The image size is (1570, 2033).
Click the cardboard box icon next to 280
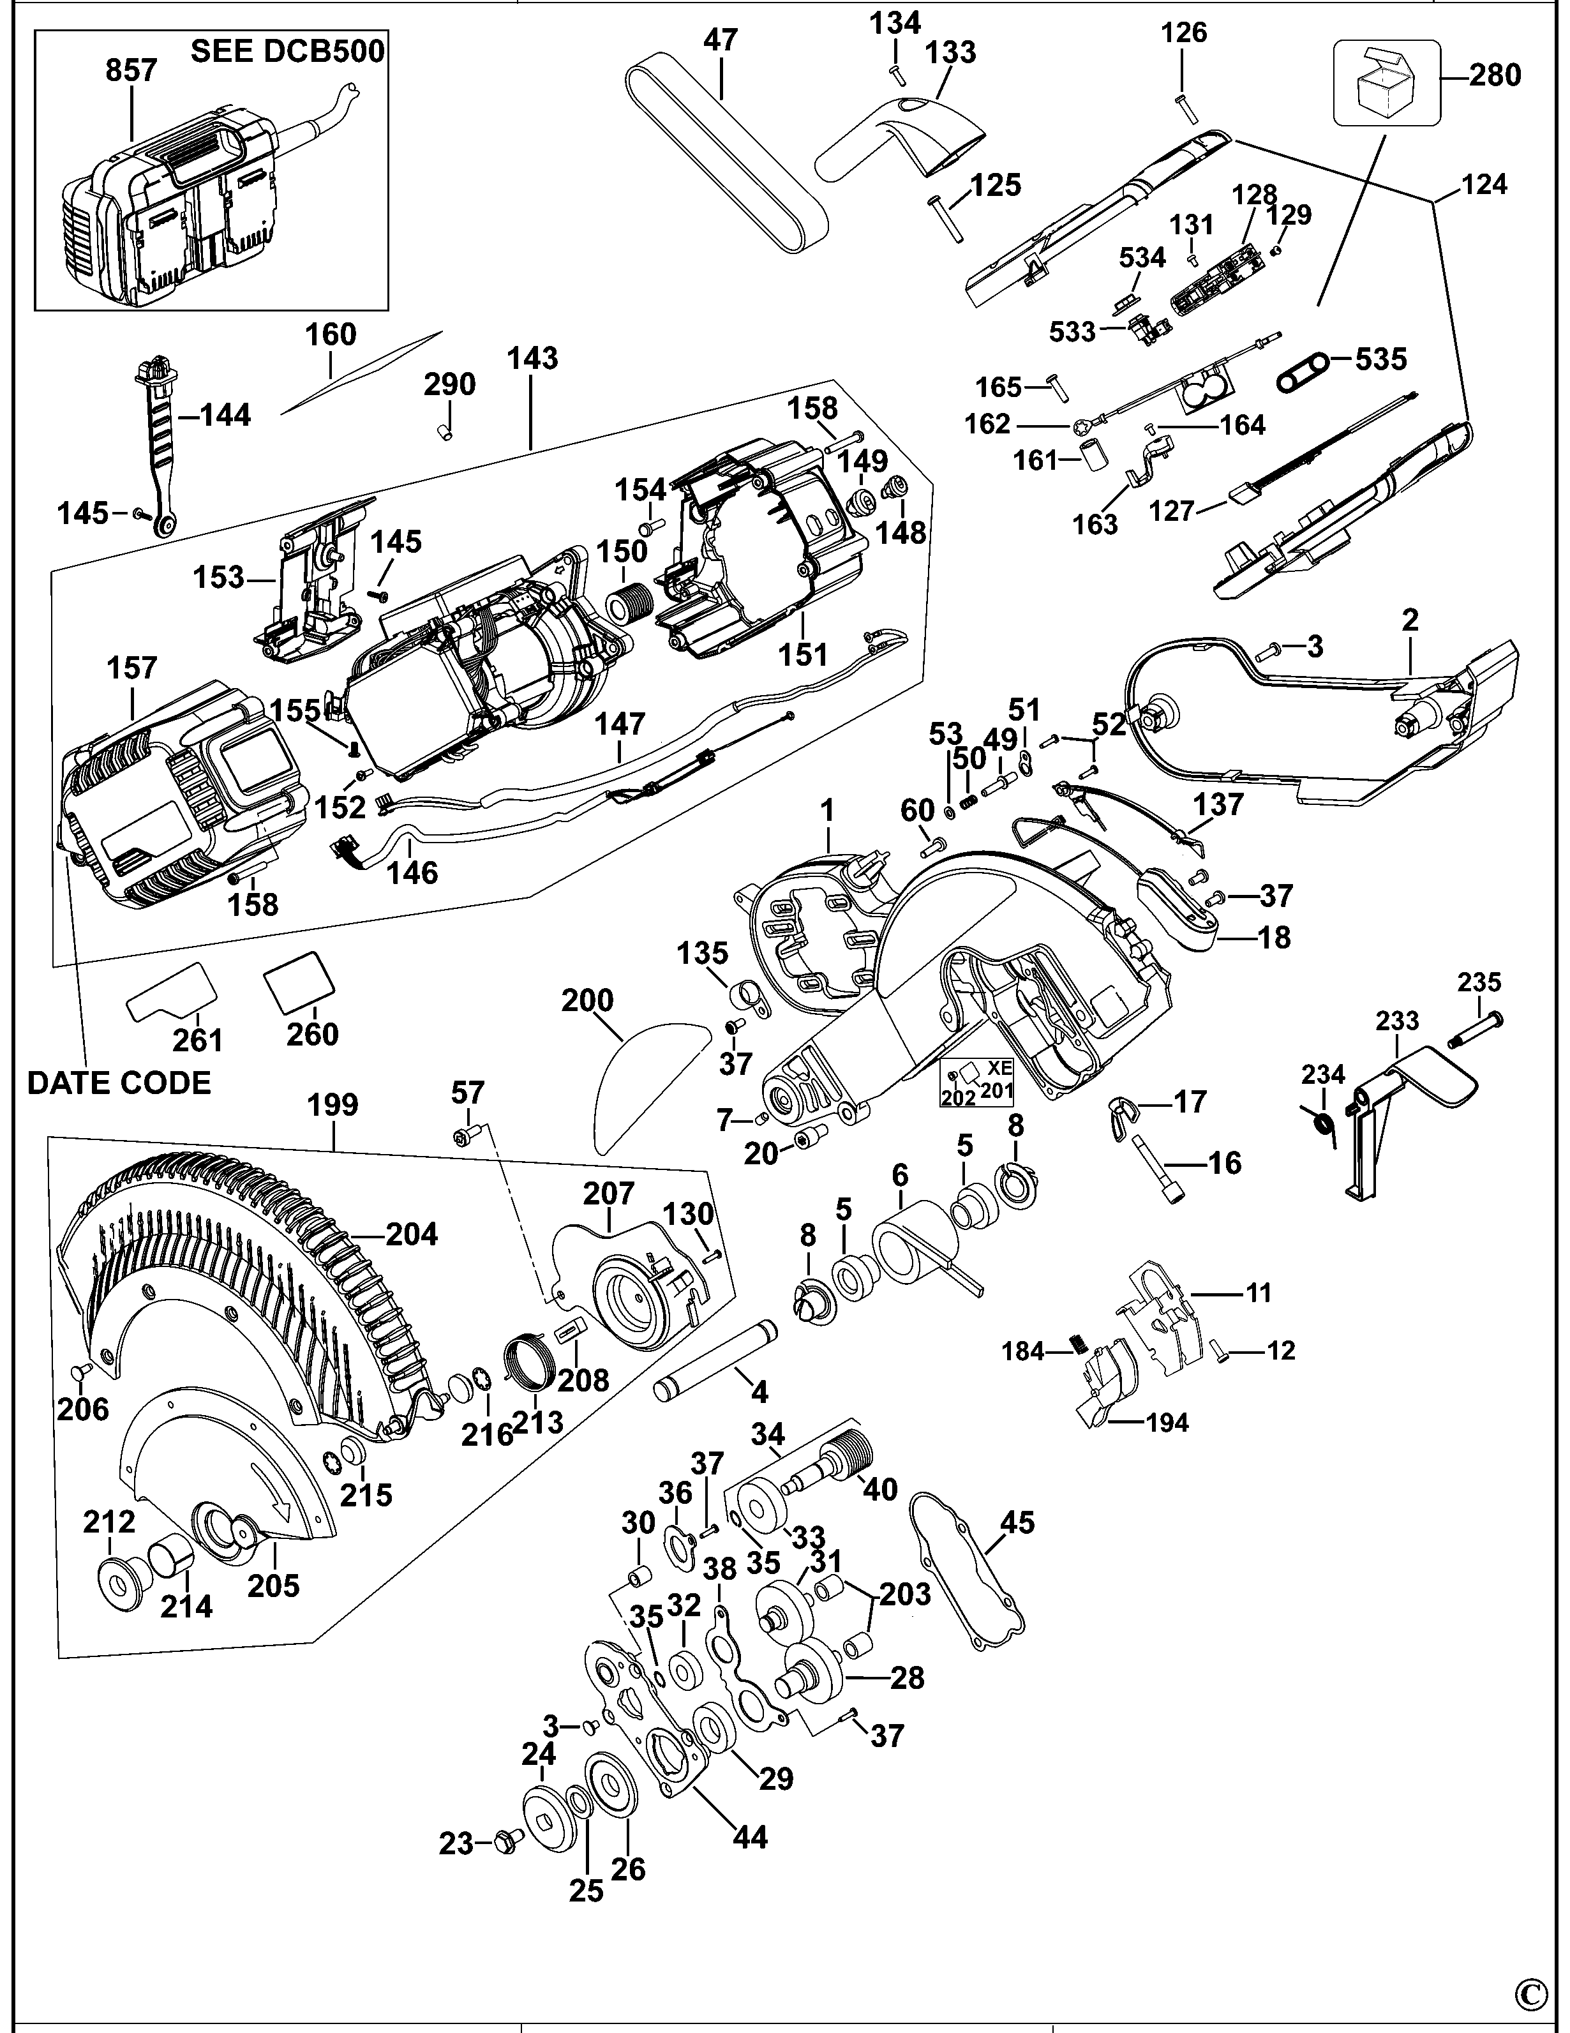tap(1386, 84)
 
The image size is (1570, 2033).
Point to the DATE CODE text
tap(119, 1083)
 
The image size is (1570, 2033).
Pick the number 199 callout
tap(333, 1105)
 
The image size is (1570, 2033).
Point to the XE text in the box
tap(999, 1069)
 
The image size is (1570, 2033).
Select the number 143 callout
tap(534, 358)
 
